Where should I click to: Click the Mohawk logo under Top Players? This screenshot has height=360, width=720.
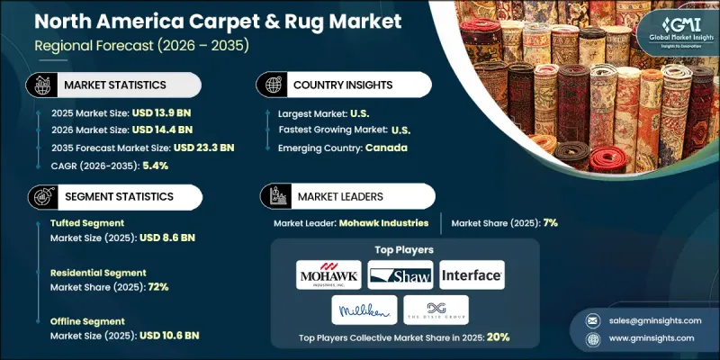pyautogui.click(x=330, y=275)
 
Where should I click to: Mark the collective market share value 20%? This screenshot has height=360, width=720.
pyautogui.click(x=499, y=338)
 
